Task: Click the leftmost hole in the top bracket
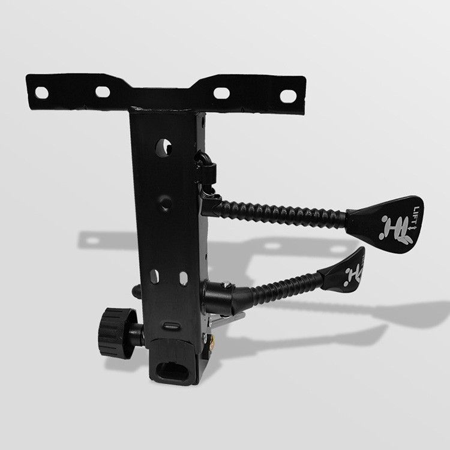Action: (41, 92)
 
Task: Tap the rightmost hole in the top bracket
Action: (288, 96)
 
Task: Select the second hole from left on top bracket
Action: (103, 92)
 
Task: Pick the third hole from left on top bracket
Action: (221, 93)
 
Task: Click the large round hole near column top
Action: (164, 148)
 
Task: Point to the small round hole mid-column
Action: (166, 203)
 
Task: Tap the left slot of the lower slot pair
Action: (154, 277)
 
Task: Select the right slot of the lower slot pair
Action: (184, 278)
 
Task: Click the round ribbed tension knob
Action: (117, 332)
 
